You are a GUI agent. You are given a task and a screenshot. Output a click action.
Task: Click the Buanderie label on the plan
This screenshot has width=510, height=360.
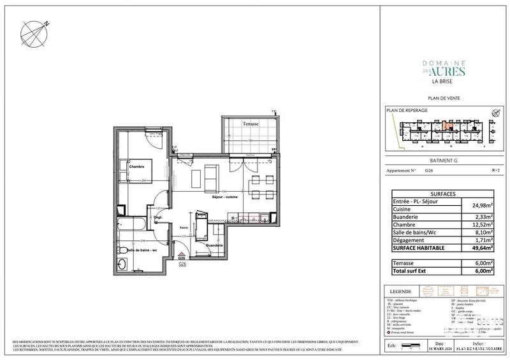215,245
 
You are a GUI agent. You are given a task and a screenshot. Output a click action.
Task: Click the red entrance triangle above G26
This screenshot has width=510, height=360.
182,254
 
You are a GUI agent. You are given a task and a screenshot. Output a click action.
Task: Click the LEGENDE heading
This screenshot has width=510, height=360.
402,291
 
